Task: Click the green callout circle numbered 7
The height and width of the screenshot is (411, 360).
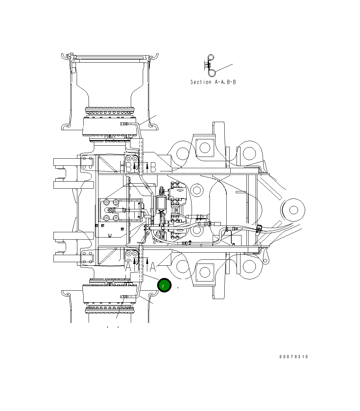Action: (x=164, y=286)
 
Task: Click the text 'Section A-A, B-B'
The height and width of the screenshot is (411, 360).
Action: (x=213, y=82)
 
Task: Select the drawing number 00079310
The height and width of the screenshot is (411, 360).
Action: (x=294, y=356)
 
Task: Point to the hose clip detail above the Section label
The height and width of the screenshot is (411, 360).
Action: (x=210, y=66)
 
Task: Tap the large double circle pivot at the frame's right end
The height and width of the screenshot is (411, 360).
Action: (x=293, y=210)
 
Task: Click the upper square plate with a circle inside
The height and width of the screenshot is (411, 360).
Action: (x=205, y=147)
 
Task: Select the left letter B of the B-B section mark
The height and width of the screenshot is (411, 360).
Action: (x=129, y=167)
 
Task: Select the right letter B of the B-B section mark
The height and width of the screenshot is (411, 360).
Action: (x=153, y=167)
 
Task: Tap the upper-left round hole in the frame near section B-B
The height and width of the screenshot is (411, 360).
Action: (x=183, y=153)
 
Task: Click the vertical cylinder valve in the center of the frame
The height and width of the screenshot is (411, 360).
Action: (x=162, y=202)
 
